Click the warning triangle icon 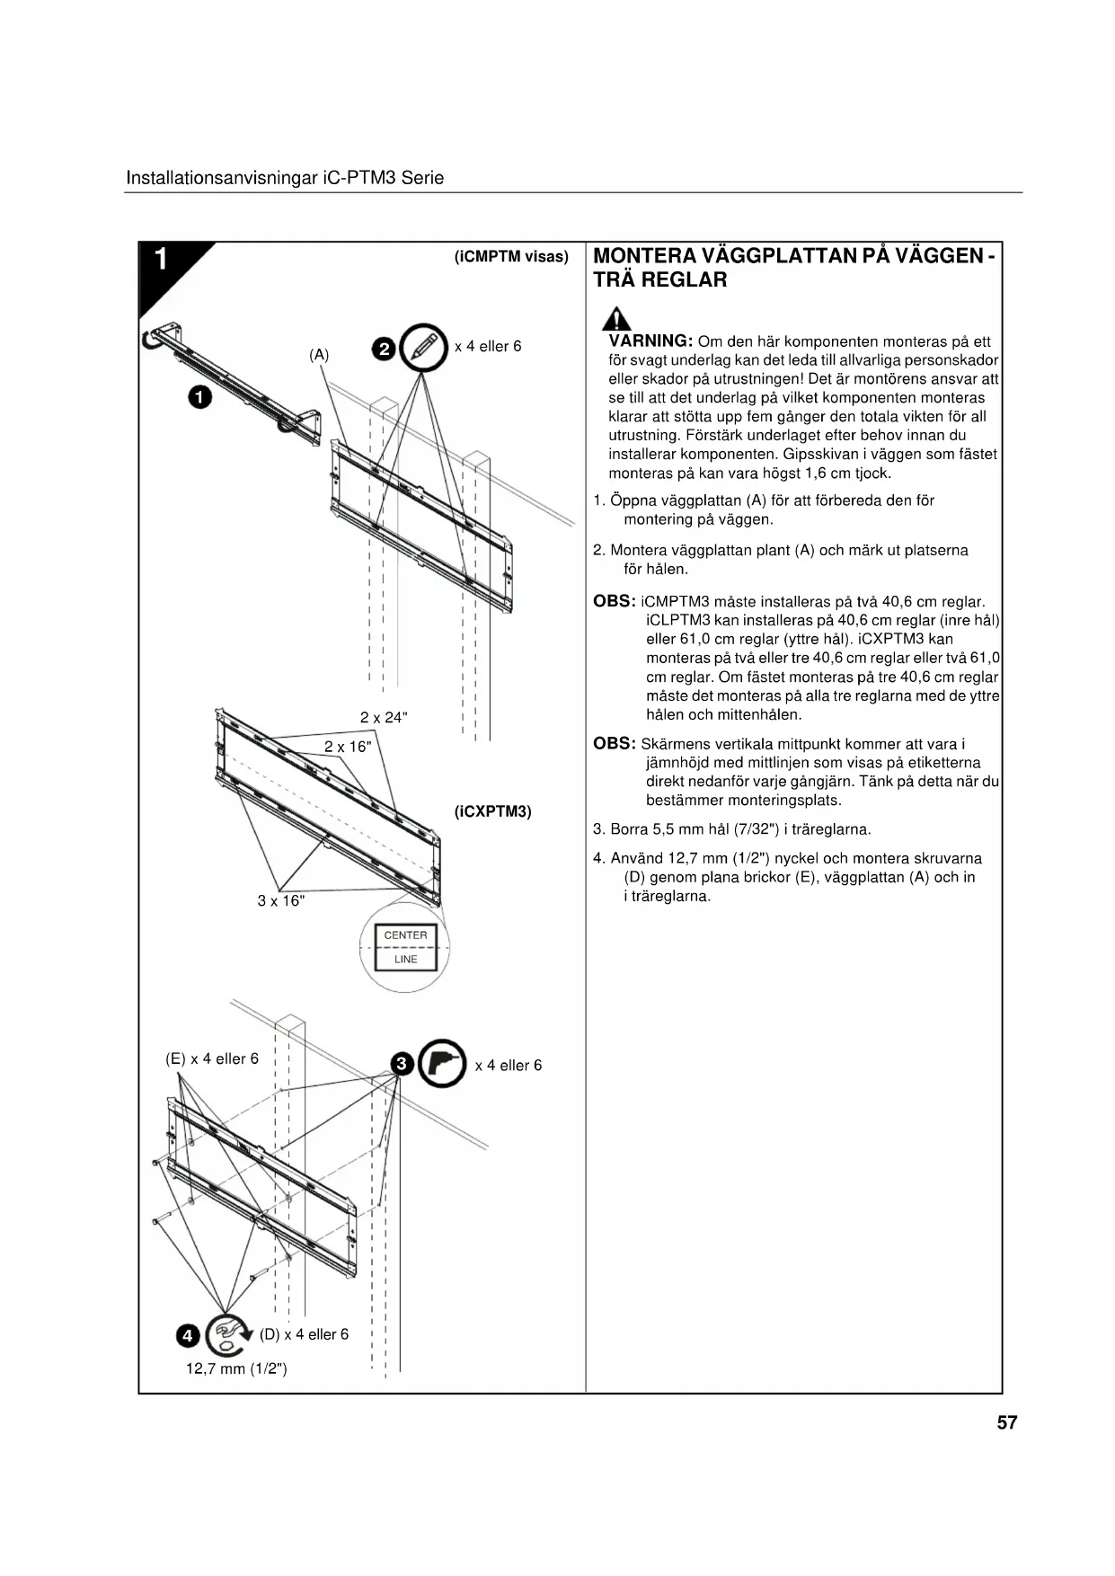[616, 319]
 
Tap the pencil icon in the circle [424, 347]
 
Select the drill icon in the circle [442, 1064]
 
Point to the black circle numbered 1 [199, 396]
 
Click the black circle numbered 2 [384, 349]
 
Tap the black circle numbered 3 [402, 1065]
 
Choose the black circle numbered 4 [187, 1336]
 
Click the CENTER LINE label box [405, 947]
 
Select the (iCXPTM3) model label [493, 811]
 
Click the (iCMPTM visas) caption [512, 257]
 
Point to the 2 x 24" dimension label [384, 717]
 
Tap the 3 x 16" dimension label [281, 900]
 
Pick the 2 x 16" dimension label [348, 747]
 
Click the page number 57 [1006, 1422]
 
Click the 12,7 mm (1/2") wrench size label [236, 1368]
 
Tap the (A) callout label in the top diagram [319, 355]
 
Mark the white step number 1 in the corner [161, 260]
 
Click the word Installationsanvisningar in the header [221, 178]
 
